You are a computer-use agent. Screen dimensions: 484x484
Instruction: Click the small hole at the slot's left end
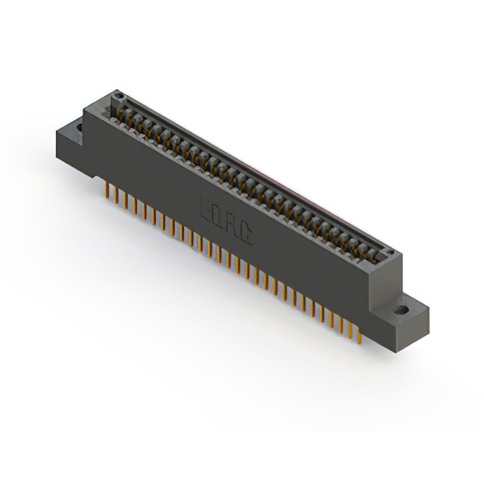118,96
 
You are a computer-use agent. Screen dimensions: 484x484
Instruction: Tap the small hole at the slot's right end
389,253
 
